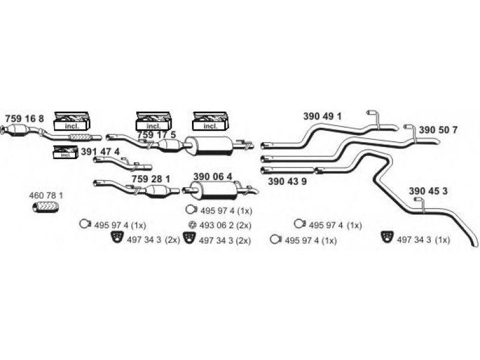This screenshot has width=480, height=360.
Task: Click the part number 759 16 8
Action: pyautogui.click(x=25, y=118)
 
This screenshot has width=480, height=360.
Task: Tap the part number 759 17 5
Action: pyautogui.click(x=157, y=136)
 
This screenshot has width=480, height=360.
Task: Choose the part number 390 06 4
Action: pyautogui.click(x=212, y=177)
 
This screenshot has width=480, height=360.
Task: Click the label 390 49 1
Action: pyautogui.click(x=322, y=116)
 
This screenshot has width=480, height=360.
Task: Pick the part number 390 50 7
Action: pyautogui.click(x=438, y=130)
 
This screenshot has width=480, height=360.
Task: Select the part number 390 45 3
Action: pyautogui.click(x=428, y=191)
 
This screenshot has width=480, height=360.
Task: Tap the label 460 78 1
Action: pyautogui.click(x=46, y=196)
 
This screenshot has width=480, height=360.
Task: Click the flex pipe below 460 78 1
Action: pyautogui.click(x=46, y=208)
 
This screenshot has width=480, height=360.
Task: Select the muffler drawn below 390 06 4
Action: pyautogui.click(x=216, y=191)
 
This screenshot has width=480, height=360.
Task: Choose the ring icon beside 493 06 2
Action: pyautogui.click(x=193, y=225)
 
